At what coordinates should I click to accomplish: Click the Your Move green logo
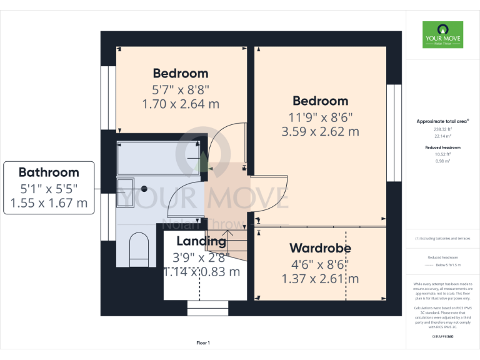(x=442, y=35)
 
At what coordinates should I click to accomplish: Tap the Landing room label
(x=201, y=241)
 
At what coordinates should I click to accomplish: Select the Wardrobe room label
(x=320, y=248)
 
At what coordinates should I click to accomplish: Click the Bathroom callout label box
(x=49, y=187)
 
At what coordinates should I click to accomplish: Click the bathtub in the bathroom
(x=159, y=158)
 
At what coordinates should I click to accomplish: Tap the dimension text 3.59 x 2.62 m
(x=320, y=131)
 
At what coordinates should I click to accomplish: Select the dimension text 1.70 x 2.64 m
(x=181, y=104)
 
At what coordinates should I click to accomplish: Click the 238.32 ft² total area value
(x=442, y=129)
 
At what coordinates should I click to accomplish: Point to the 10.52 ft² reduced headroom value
(x=442, y=155)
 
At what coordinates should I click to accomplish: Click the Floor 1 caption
(x=203, y=342)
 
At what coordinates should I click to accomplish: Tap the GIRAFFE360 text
(x=442, y=336)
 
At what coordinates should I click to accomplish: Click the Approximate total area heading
(x=442, y=121)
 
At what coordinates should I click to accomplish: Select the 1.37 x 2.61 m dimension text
(x=320, y=279)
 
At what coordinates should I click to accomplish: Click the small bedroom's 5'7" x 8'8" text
(x=181, y=89)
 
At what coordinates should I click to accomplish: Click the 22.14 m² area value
(x=442, y=136)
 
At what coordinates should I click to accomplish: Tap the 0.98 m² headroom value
(x=442, y=161)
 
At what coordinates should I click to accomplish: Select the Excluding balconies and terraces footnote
(x=442, y=239)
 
